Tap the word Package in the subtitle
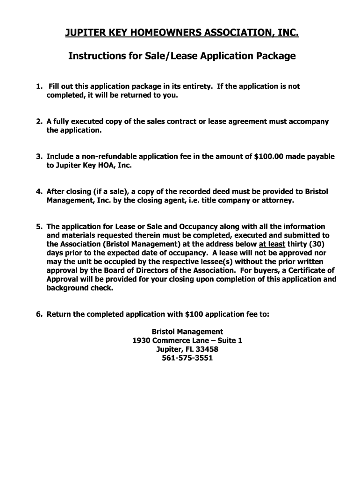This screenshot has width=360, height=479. coord(276,56)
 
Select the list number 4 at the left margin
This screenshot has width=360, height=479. coord(39,191)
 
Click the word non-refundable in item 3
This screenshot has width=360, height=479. coord(101,157)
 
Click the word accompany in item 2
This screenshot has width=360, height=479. coord(310,122)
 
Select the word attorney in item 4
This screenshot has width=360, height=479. coord(278,200)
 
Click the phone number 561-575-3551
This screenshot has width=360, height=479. coord(187,358)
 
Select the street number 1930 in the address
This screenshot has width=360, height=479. coord(142,341)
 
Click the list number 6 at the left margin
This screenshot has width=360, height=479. coord(39,314)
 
